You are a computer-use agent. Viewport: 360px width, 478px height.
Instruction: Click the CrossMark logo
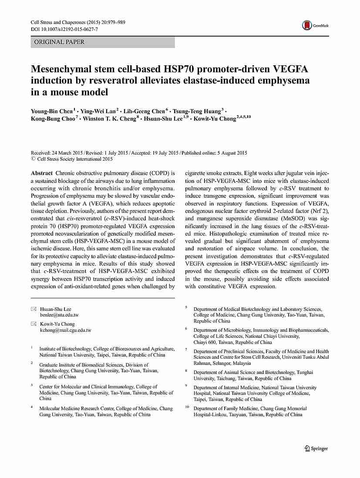click(x=315, y=26)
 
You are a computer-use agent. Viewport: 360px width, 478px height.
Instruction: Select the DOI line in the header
click(x=64, y=29)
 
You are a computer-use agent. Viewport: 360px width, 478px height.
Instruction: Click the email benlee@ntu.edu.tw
click(x=59, y=315)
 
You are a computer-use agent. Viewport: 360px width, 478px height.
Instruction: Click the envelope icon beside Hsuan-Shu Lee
click(x=34, y=309)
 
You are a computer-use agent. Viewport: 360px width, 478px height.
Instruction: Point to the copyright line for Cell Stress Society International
click(x=72, y=159)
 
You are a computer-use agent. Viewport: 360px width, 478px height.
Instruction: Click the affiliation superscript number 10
click(x=187, y=407)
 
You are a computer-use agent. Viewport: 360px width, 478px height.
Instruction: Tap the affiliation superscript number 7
click(x=186, y=350)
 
